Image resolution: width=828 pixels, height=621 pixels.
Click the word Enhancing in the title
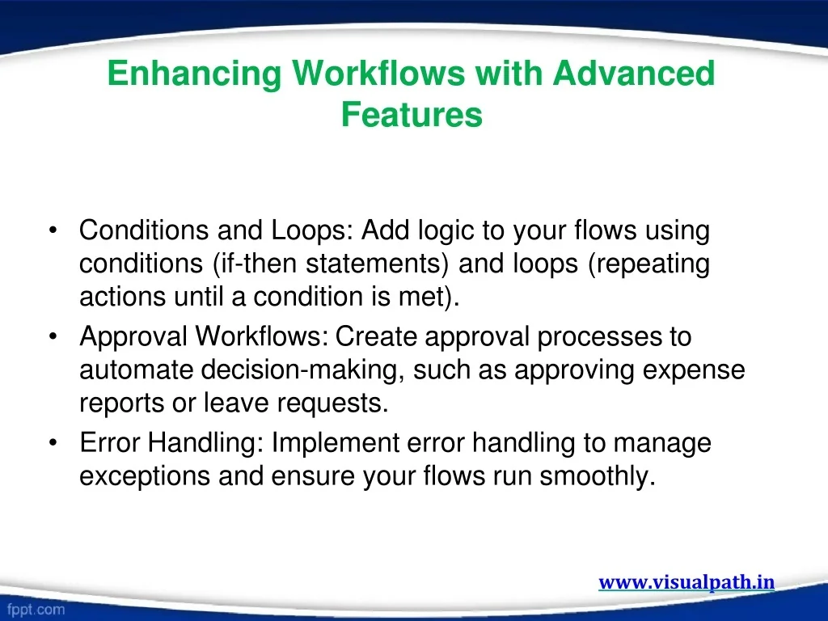(194, 74)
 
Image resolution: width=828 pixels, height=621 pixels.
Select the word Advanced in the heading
(634, 73)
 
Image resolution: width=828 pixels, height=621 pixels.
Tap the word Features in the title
(412, 115)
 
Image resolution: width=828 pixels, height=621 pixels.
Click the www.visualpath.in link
(686, 582)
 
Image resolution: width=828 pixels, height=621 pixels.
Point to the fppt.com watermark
(36, 610)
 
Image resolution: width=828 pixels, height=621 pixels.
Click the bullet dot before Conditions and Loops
(53, 230)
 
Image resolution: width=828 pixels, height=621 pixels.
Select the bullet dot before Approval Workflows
(53, 336)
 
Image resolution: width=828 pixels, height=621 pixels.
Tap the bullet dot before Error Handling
(53, 442)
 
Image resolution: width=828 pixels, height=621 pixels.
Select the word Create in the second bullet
(376, 336)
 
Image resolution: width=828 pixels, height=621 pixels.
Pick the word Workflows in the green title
(378, 73)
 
